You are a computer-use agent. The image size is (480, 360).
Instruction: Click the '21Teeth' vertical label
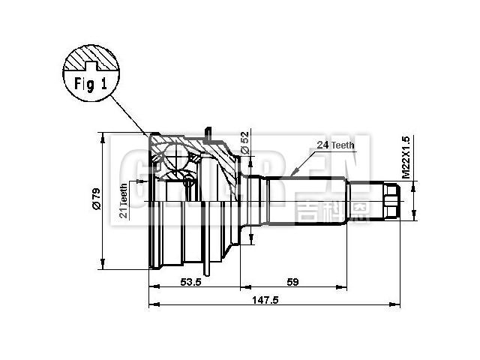click(124, 200)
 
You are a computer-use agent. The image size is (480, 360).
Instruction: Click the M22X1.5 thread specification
click(406, 156)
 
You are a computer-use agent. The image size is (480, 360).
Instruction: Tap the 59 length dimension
click(293, 283)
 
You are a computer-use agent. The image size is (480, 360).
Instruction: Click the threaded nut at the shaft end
click(391, 201)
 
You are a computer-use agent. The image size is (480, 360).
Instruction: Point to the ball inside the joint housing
click(176, 159)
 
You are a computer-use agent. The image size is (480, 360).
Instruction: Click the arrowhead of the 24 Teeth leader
click(295, 174)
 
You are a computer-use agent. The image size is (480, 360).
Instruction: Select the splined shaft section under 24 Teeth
click(307, 200)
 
